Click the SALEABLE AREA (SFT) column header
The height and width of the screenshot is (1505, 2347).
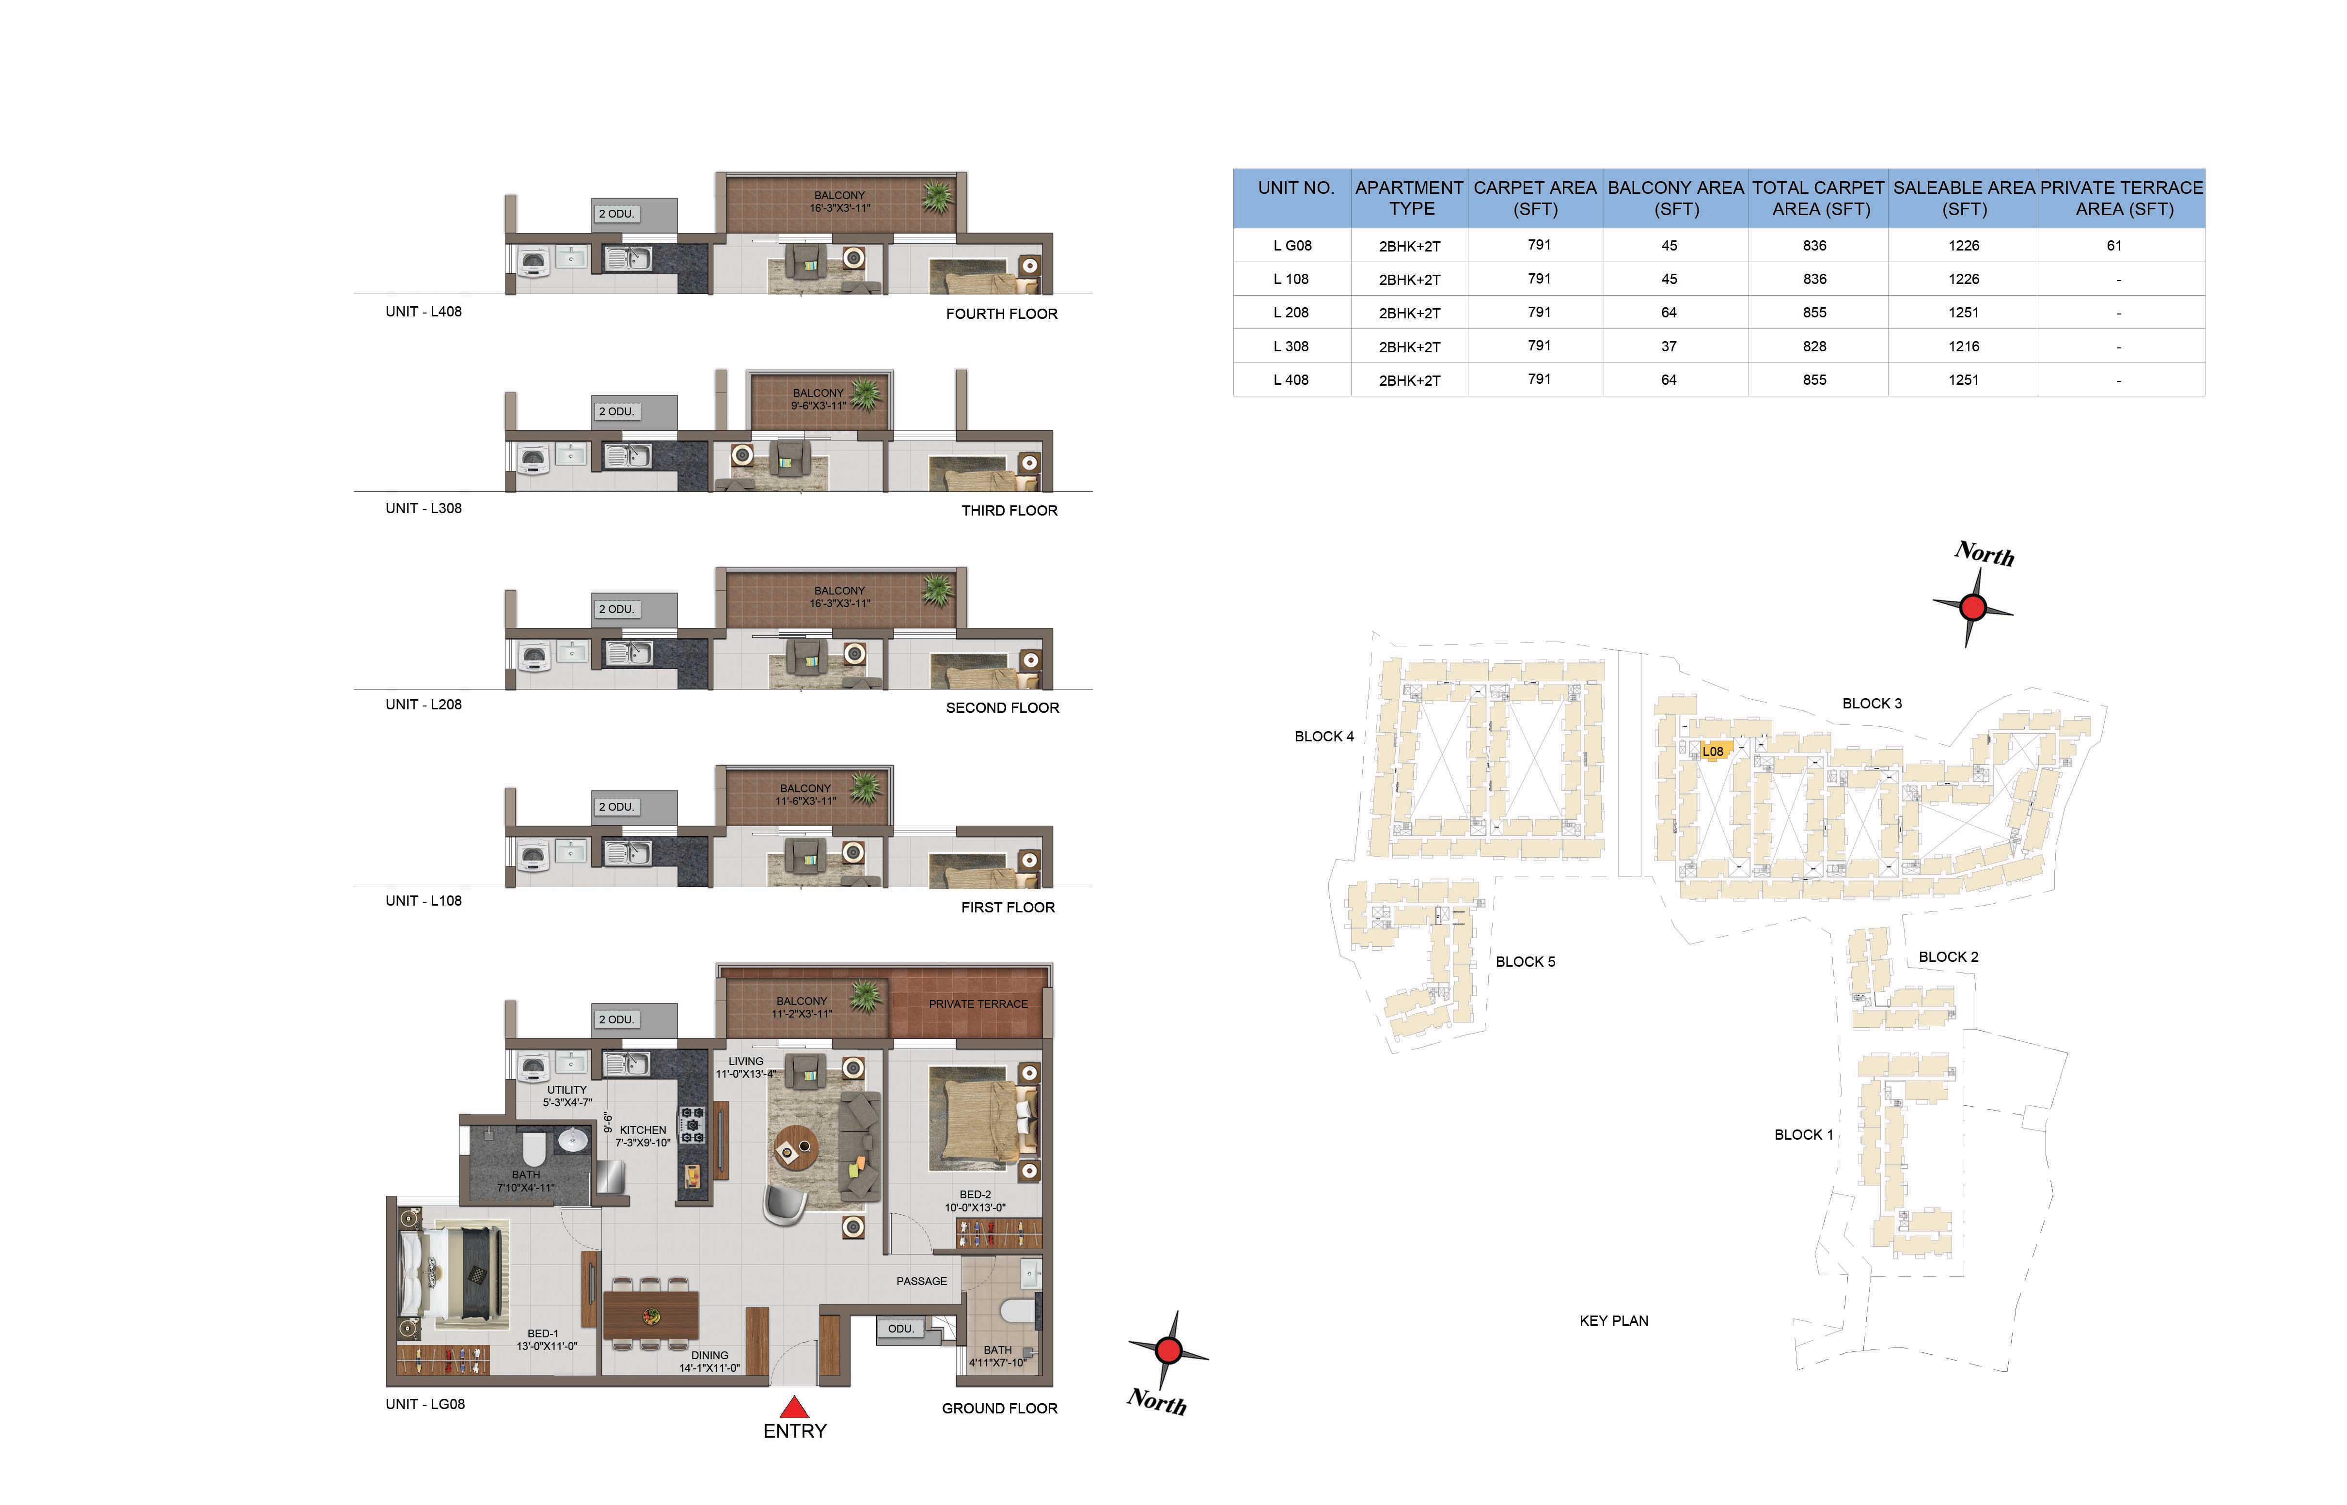pos(1964,198)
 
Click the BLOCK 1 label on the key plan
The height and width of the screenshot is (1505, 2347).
pos(1804,1135)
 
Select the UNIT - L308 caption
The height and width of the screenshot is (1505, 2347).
pos(423,508)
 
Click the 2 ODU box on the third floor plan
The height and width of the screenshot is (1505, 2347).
pos(616,411)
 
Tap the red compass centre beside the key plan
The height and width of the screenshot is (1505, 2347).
pos(1973,608)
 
